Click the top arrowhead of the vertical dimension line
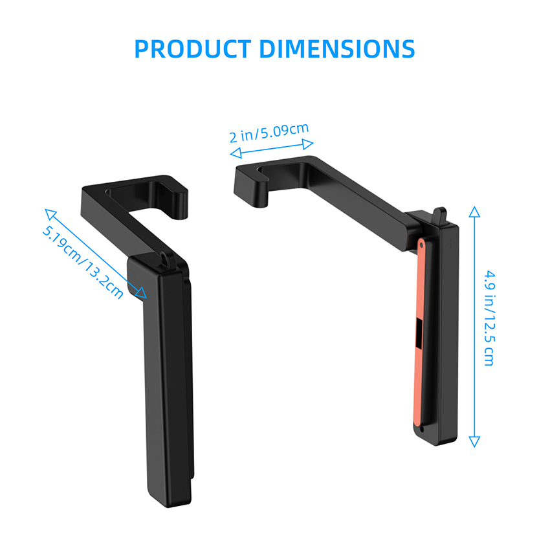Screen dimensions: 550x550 (x=474, y=212)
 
